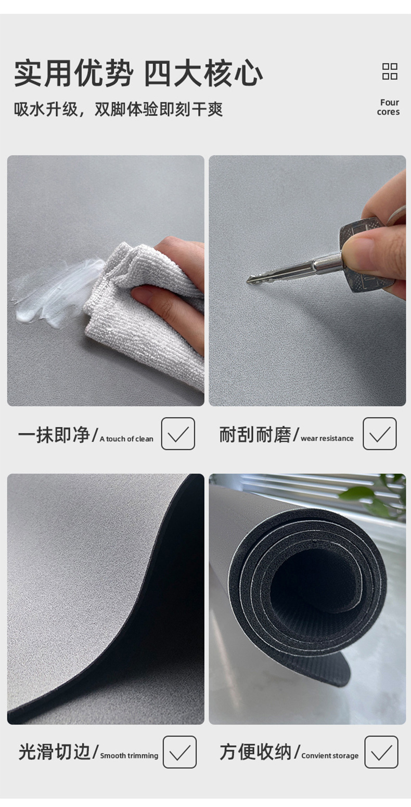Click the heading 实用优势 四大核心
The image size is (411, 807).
pyautogui.click(x=138, y=73)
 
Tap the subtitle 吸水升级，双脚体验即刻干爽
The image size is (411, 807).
pyautogui.click(x=118, y=109)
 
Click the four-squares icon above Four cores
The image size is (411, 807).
pyautogui.click(x=390, y=71)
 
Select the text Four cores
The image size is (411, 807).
pyautogui.click(x=389, y=107)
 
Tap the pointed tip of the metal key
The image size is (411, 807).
pyautogui.click(x=250, y=280)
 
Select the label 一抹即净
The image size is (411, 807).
pyautogui.click(x=53, y=435)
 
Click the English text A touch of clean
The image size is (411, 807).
pyautogui.click(x=126, y=439)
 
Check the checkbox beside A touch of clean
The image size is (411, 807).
pyautogui.click(x=178, y=433)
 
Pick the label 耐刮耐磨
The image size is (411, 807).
pyautogui.click(x=255, y=435)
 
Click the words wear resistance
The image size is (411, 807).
pyautogui.click(x=327, y=439)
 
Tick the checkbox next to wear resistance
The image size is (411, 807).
pyautogui.click(x=379, y=433)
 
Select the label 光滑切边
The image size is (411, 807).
pyautogui.click(x=54, y=752)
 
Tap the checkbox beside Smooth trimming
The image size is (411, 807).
pyautogui.click(x=179, y=752)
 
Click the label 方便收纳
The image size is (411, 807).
pyautogui.click(x=255, y=752)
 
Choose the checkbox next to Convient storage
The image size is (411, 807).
pyautogui.click(x=381, y=752)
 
